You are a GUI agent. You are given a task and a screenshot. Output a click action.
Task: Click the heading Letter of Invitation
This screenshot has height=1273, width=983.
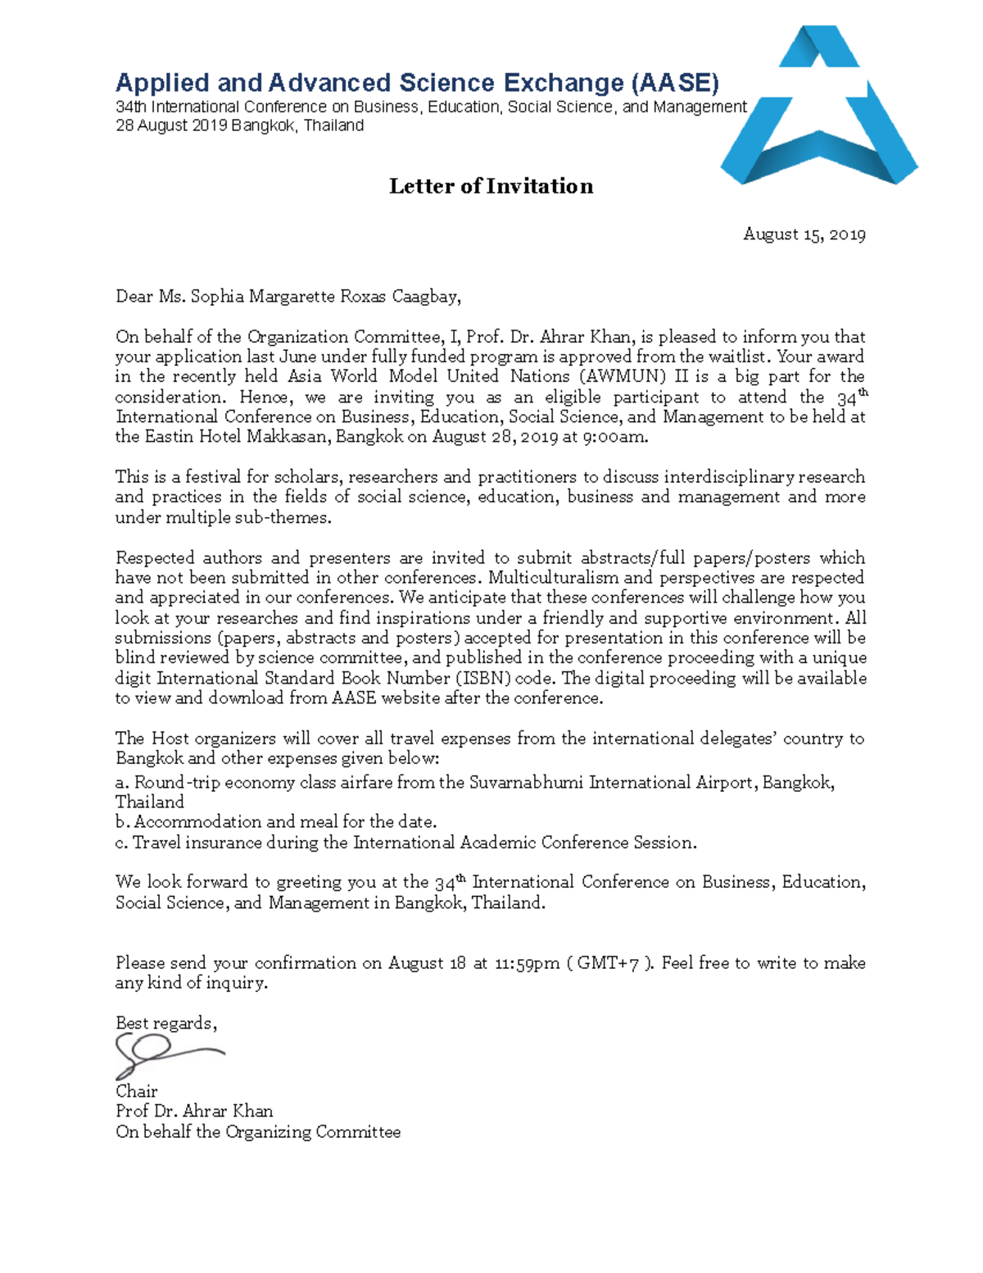491,186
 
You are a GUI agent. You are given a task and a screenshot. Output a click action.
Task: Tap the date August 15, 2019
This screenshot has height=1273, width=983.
804,234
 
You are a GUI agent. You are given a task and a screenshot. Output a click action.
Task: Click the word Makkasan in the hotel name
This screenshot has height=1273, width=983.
288,437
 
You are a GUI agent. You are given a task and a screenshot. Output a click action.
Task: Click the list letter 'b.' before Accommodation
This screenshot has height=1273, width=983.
123,822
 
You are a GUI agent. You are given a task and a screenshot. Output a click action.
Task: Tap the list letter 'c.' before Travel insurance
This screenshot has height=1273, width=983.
122,843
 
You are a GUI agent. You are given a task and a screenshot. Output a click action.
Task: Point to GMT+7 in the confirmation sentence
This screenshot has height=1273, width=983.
607,963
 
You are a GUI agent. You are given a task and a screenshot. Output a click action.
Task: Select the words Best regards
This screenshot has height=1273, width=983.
165,1023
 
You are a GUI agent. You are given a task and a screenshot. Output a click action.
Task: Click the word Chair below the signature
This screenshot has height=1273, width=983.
136,1091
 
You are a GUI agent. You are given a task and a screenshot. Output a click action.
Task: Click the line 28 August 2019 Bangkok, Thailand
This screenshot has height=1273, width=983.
239,126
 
